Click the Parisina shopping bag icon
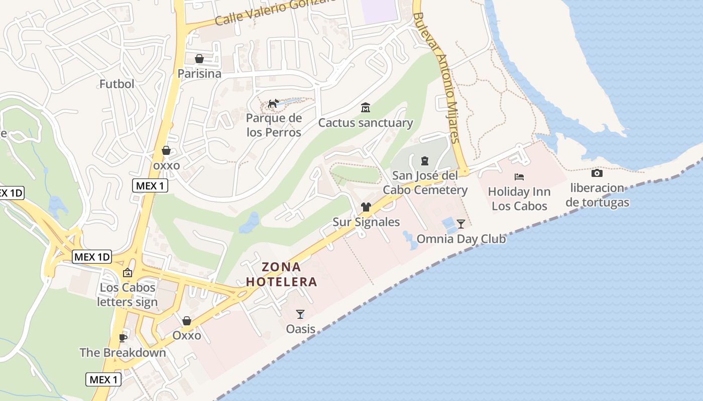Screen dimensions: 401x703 point(199,59)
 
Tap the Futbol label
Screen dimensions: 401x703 point(116,84)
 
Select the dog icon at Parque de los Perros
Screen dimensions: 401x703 point(273,104)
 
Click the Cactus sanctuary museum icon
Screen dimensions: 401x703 point(365,108)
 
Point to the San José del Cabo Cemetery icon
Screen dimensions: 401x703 point(425,161)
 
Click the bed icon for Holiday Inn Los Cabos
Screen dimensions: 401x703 point(519,177)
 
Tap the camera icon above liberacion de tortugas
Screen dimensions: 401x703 point(597,173)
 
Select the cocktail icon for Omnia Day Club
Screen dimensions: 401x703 point(461,224)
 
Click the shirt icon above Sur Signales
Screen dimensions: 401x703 point(366,207)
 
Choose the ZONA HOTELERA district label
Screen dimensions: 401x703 point(282,274)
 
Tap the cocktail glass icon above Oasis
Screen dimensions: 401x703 point(300,314)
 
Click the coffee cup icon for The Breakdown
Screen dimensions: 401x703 point(123,338)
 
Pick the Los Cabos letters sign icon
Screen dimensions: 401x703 point(128,273)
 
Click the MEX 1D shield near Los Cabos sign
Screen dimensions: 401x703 point(92,257)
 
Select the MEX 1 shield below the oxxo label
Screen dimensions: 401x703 point(150,185)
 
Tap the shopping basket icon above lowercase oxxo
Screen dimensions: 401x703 point(166,150)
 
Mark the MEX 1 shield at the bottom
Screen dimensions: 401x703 point(103,379)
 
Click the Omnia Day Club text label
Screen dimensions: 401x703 point(461,239)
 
